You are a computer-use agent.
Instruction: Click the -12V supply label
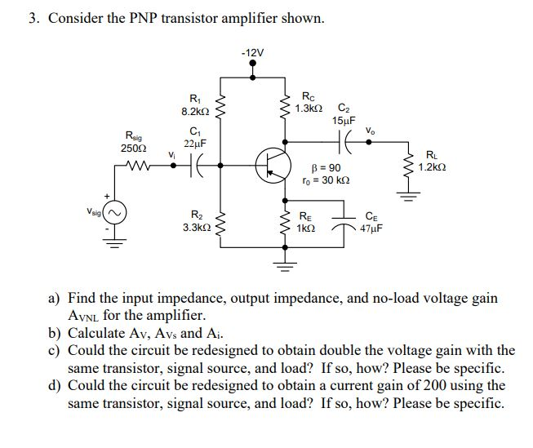(x=253, y=53)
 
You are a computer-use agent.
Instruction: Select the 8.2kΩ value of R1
(x=196, y=110)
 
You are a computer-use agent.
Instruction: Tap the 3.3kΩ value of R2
(x=196, y=229)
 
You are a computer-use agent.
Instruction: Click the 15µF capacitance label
(x=344, y=120)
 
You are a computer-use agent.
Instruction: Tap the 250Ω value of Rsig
(x=131, y=149)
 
